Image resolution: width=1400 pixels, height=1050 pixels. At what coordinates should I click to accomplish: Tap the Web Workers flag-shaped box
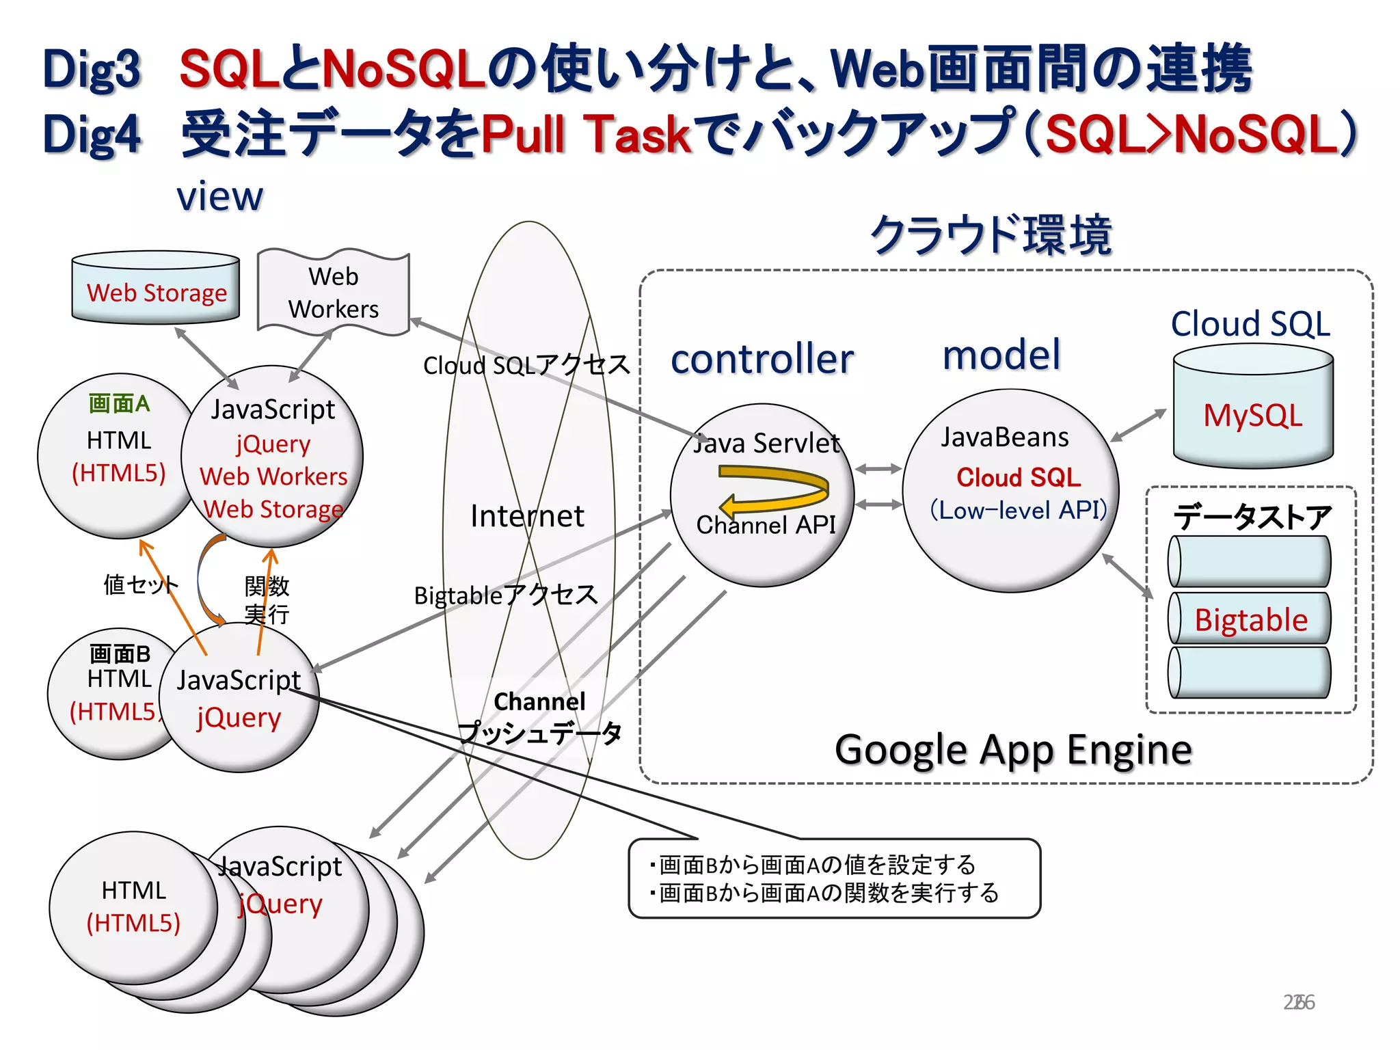[x=333, y=293]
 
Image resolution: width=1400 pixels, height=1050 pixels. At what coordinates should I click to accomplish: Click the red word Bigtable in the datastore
[x=1250, y=620]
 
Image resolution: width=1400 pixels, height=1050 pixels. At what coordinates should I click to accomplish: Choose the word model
[x=1001, y=355]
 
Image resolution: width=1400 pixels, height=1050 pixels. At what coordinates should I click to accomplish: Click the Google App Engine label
[x=1013, y=750]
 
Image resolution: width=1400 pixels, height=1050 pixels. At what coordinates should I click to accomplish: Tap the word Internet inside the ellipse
[x=527, y=515]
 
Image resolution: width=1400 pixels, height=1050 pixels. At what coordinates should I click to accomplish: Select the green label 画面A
[x=119, y=403]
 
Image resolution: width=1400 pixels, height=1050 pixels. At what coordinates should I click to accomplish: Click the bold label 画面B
[x=120, y=654]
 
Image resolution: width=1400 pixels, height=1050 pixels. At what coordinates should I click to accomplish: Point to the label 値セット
[x=141, y=584]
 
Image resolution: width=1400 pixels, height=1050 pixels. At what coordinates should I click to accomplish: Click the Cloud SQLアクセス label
[x=526, y=365]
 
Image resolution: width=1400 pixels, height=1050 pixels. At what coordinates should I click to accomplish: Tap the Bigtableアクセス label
[x=506, y=595]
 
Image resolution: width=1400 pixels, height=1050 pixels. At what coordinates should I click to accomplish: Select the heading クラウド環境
[x=991, y=234]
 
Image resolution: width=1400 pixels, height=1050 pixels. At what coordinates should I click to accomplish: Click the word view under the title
[x=219, y=197]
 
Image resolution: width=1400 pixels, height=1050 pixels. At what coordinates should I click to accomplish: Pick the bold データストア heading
[x=1252, y=517]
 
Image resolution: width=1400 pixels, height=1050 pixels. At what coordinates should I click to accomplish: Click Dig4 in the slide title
[x=92, y=134]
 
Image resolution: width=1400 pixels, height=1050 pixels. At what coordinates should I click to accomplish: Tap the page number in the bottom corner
[x=1298, y=1002]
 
